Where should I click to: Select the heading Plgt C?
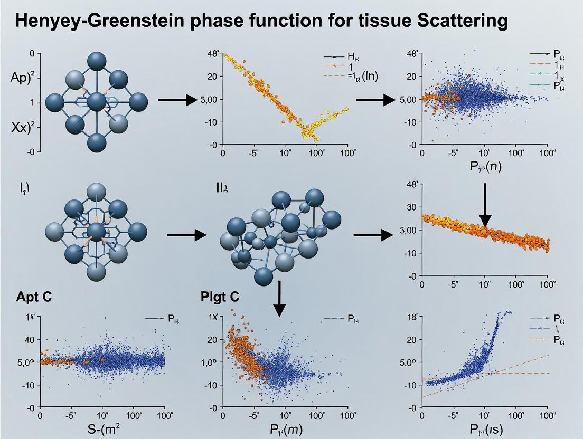[x=220, y=297]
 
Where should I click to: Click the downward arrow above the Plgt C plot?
[x=280, y=301]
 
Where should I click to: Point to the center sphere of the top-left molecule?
[x=97, y=101]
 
